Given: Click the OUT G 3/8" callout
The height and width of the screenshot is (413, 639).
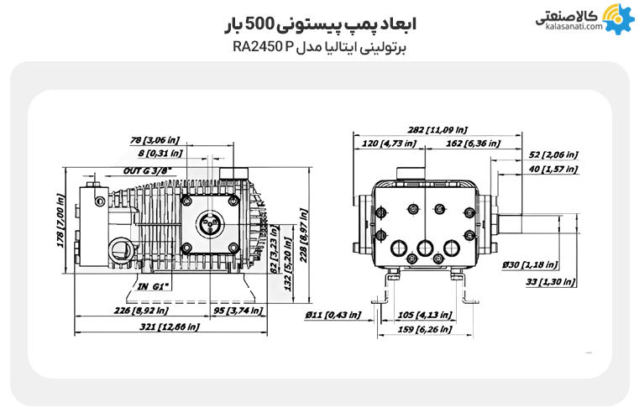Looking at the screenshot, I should (148, 170).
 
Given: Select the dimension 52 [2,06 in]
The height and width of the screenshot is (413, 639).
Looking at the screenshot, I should (553, 154).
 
